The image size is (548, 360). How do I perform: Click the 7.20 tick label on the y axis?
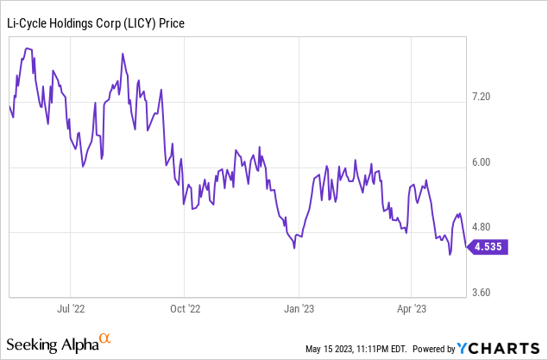point(501,97)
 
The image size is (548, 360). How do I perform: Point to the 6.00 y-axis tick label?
point(501,162)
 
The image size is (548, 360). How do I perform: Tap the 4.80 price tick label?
point(501,227)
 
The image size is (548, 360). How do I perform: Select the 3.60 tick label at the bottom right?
point(501,293)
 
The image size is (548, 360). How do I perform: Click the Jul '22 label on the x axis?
point(71,306)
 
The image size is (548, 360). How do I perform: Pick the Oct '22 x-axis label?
point(184,306)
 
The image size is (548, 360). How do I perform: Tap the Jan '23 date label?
point(298,306)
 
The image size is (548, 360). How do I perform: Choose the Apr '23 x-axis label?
point(411,306)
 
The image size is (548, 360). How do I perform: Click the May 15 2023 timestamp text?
point(355,350)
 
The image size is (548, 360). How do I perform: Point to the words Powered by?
point(433,350)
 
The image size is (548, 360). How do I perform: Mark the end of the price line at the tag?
point(466,247)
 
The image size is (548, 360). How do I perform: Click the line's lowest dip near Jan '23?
point(294,248)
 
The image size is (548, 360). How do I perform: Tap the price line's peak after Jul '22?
point(123,54)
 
